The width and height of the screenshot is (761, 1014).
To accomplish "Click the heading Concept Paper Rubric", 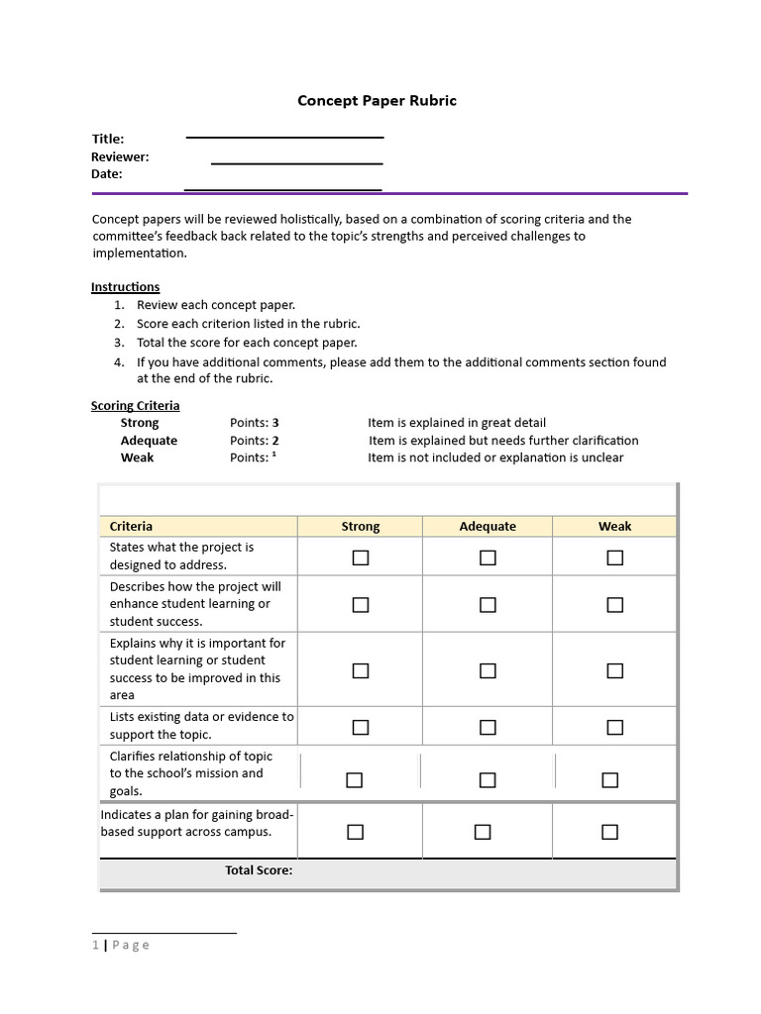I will tap(378, 101).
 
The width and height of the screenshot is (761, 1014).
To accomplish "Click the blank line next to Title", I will tap(284, 137).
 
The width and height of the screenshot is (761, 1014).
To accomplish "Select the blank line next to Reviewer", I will tap(296, 162).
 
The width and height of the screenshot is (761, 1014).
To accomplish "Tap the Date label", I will tap(107, 174).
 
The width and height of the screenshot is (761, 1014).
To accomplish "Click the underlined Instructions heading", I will tap(125, 287).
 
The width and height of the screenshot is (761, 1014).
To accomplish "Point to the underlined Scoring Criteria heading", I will tap(136, 406).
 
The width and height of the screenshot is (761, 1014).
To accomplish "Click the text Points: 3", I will tap(255, 423).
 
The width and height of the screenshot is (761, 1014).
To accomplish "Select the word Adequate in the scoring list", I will tap(149, 441).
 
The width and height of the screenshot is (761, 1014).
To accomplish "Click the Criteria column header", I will tap(131, 527).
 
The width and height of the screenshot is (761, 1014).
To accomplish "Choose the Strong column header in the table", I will tap(361, 527).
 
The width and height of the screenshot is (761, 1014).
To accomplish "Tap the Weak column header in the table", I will tap(614, 527).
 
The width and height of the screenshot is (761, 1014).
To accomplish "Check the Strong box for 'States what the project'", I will tap(361, 558).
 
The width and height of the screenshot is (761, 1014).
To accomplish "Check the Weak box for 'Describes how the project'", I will tap(614, 605).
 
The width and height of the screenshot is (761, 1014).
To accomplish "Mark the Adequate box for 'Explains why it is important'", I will tap(488, 670).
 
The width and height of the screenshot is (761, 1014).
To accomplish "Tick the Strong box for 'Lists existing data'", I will tap(361, 728).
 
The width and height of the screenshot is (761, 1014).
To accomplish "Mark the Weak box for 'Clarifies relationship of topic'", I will tap(609, 780).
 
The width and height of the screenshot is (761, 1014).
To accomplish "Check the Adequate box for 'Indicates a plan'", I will tap(483, 832).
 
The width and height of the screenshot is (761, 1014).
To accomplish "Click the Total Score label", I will tap(259, 870).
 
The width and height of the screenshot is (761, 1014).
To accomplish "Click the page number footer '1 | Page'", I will tap(121, 945).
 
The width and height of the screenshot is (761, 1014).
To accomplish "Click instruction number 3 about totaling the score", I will tap(247, 343).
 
